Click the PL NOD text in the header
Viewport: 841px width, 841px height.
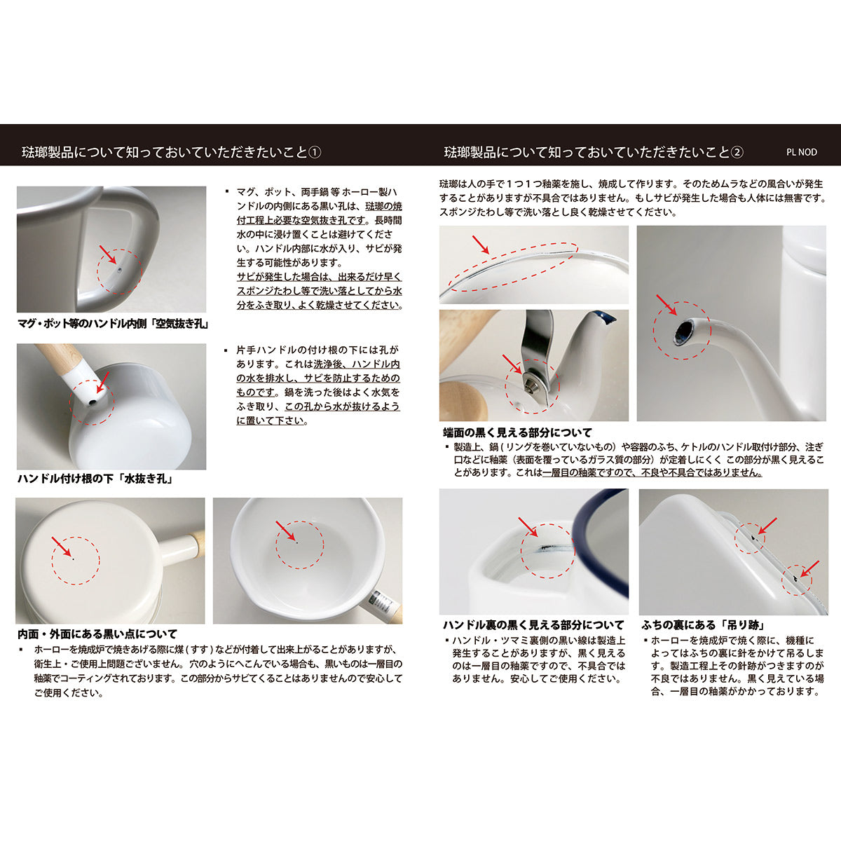click(x=802, y=152)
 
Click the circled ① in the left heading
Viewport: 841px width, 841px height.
click(x=315, y=152)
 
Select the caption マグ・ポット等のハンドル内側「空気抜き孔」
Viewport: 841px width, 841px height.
click(x=114, y=324)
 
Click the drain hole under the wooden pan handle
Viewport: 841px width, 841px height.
click(x=92, y=403)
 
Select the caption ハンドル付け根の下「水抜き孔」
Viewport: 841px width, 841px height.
click(x=95, y=479)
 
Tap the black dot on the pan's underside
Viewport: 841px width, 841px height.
click(x=73, y=559)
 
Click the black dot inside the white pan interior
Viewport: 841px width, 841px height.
click(x=297, y=542)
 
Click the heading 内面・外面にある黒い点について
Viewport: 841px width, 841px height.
click(x=97, y=634)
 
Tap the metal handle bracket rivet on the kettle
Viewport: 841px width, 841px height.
click(x=531, y=380)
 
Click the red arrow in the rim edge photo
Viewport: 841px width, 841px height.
click(x=481, y=244)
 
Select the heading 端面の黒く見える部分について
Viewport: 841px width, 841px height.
click(x=517, y=432)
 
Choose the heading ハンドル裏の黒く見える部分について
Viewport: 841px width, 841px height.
click(x=533, y=624)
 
